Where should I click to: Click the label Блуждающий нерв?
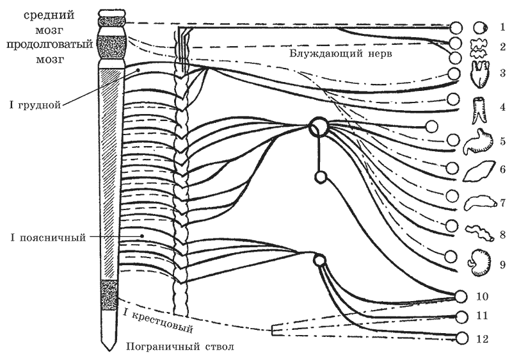tap(340, 53)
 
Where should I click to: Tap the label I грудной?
tap(35, 105)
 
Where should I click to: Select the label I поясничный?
tap(49, 237)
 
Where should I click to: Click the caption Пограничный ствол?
tap(180, 347)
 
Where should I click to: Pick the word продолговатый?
tap(50, 45)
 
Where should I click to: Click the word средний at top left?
tap(49, 15)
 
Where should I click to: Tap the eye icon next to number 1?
tap(481, 28)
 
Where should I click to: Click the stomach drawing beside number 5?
tap(479, 142)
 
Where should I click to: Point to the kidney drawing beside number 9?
tap(481, 263)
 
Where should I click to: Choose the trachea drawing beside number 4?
tap(479, 111)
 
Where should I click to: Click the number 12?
tap(482, 339)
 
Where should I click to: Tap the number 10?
tap(482, 297)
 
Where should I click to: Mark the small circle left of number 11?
tap(463, 317)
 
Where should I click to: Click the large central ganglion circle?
tap(318, 127)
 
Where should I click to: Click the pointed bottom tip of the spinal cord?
tap(108, 351)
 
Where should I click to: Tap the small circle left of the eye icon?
tap(456, 28)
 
